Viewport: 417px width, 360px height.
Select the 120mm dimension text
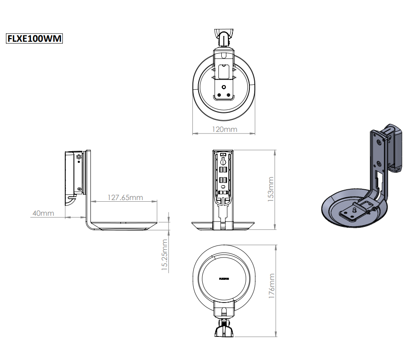point(225,129)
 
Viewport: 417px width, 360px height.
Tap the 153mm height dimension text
point(271,188)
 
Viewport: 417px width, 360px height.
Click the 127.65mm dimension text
point(125,197)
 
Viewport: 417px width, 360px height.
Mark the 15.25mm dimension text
point(165,255)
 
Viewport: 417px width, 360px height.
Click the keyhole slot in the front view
point(223,159)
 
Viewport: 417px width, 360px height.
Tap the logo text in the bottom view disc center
point(224,279)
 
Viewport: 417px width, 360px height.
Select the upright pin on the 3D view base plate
point(354,209)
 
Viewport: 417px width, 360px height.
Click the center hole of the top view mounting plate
point(223,87)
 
